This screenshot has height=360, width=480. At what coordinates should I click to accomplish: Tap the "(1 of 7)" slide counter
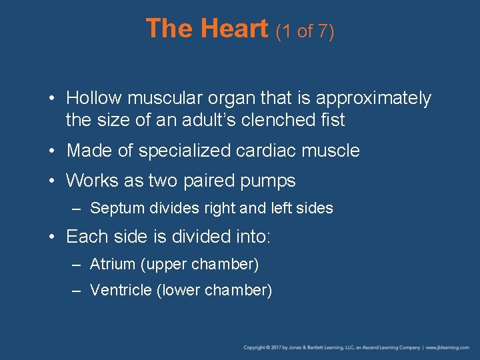tap(305, 31)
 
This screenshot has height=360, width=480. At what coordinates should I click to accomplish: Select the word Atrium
tap(113, 265)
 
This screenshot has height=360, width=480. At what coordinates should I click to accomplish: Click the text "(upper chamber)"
tap(200, 265)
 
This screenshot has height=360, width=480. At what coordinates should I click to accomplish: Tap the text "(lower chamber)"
tap(214, 291)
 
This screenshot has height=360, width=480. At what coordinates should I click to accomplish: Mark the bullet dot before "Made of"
tap(53, 151)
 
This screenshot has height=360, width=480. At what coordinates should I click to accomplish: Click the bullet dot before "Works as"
tap(53, 181)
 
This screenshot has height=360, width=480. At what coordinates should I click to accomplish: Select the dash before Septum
tap(77, 209)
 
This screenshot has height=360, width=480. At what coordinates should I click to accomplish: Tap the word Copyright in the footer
tap(254, 347)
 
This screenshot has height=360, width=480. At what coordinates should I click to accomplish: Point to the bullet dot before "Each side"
tap(53, 237)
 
